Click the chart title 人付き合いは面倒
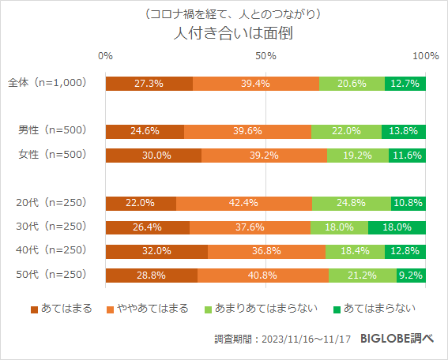(x=224, y=36)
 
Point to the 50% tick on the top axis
(x=265, y=56)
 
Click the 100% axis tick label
(x=426, y=56)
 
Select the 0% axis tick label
(x=105, y=56)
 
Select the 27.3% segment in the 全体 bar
(x=149, y=84)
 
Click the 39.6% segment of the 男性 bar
(x=247, y=132)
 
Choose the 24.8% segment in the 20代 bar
(x=351, y=204)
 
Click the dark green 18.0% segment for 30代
(x=397, y=227)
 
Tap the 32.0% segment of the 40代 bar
(x=156, y=252)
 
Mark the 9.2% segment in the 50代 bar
(x=412, y=276)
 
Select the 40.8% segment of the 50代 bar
(x=263, y=276)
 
